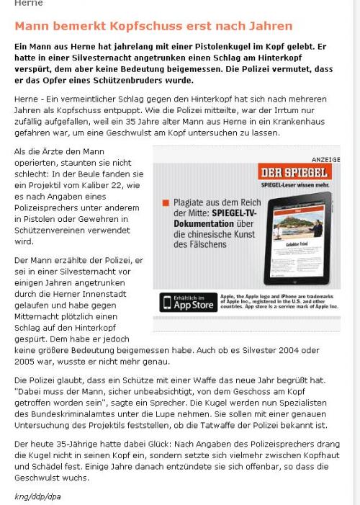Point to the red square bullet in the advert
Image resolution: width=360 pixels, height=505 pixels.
click(x=166, y=204)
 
